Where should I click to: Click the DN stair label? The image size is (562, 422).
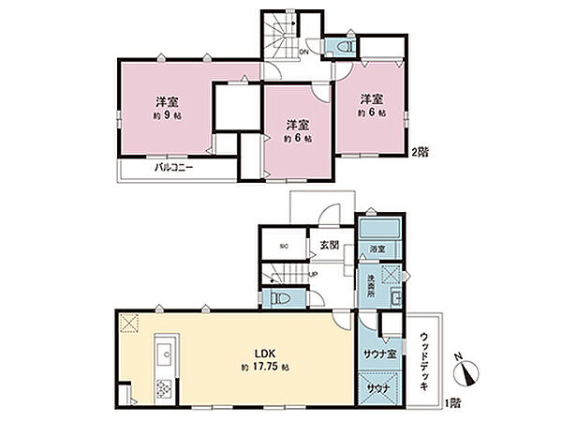(x=303, y=53)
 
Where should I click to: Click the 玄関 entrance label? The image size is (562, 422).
(x=329, y=245)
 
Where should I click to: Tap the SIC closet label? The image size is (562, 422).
(x=284, y=247)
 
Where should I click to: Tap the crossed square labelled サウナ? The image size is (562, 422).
(x=378, y=387)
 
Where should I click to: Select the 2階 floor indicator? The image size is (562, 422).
(x=422, y=152)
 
